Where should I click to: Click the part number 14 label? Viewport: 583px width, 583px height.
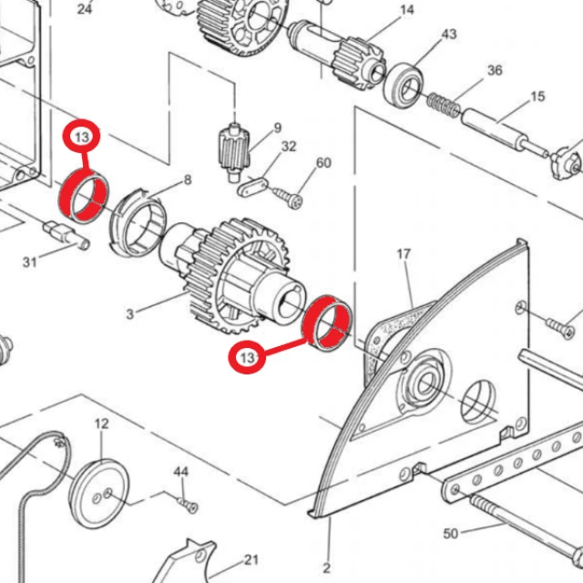coord(407,10)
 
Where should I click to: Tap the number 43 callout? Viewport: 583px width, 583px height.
coord(449,35)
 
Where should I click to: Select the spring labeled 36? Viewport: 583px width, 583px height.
coord(444,104)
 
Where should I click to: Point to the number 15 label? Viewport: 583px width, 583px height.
coord(537,97)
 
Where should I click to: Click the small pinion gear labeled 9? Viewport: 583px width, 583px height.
coord(233,152)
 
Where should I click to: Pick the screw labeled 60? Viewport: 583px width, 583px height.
coord(288,197)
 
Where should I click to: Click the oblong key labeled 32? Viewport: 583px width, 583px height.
coord(251,187)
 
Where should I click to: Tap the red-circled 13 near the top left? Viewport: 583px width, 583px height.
coord(82,138)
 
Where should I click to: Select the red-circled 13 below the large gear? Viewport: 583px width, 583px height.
coord(247,358)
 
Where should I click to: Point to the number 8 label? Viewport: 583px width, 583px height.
coord(188,180)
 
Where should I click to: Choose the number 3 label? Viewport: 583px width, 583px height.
coord(129,314)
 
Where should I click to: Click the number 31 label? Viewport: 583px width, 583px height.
coord(30,262)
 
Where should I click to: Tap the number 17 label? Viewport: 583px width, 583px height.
coord(404,254)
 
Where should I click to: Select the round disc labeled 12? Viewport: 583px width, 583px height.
coord(99,494)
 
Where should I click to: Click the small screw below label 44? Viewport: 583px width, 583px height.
coord(188,505)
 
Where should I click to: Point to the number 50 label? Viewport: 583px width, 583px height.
coord(450,534)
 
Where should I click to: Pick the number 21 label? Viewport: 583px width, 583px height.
coord(251,559)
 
